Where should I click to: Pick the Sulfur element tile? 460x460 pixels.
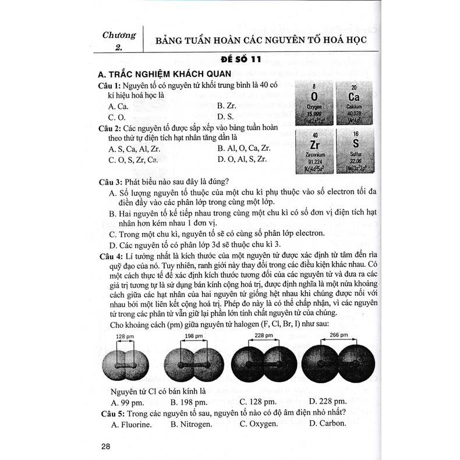coord(355,151)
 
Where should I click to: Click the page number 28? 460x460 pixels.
coord(105,446)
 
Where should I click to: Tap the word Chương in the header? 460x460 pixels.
coord(119,34)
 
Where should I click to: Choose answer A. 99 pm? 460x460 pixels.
coord(127,402)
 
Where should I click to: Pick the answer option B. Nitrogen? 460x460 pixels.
coord(192,423)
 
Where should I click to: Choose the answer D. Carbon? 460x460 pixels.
coord(328,423)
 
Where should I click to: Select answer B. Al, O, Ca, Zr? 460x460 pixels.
coord(244,148)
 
